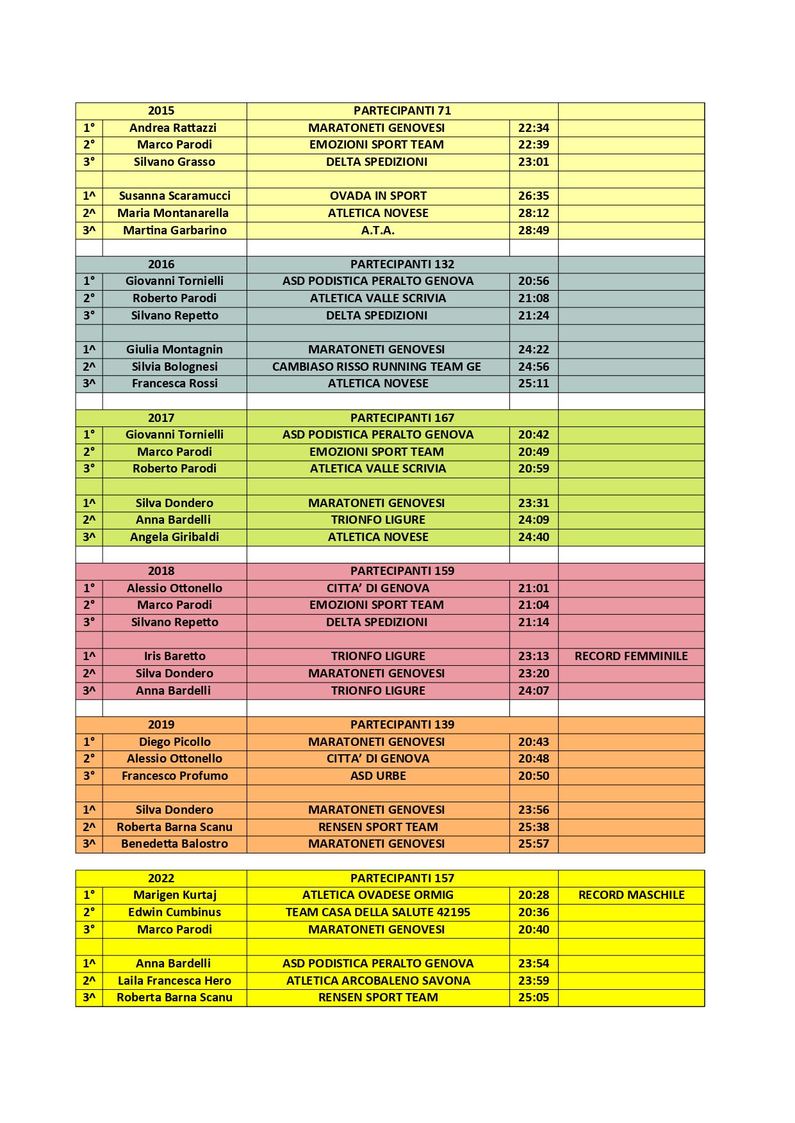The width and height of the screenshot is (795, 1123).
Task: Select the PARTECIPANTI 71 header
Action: coord(402,111)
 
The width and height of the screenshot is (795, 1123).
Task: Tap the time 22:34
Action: coord(534,128)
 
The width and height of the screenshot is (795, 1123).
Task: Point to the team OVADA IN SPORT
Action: coord(378,196)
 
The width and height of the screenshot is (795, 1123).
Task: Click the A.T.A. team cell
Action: coord(378,230)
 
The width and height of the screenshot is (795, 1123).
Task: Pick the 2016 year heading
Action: coord(161,264)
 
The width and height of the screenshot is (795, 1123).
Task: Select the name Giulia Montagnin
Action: coord(174,350)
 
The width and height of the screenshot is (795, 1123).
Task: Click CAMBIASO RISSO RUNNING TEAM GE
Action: coord(377,367)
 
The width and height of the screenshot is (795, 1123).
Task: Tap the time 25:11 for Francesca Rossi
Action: coord(534,384)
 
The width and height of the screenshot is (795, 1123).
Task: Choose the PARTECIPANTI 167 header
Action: coord(402,418)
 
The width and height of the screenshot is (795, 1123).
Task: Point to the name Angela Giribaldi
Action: coord(174,537)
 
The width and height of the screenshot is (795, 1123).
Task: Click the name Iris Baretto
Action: coord(174,656)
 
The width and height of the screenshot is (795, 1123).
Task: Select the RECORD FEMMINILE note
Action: coord(631,656)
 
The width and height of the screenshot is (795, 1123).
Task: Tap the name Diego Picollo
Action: coord(174,742)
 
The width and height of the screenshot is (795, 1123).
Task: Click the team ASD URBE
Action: coord(378,776)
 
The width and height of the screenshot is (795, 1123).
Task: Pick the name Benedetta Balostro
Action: coord(174,844)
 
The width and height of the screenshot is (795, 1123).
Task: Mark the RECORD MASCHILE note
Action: coord(631,895)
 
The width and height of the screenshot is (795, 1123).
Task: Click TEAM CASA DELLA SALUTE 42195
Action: coord(378,912)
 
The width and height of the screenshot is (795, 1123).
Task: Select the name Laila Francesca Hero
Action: coord(174,981)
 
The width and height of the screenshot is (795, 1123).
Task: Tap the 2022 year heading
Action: coord(161,878)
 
